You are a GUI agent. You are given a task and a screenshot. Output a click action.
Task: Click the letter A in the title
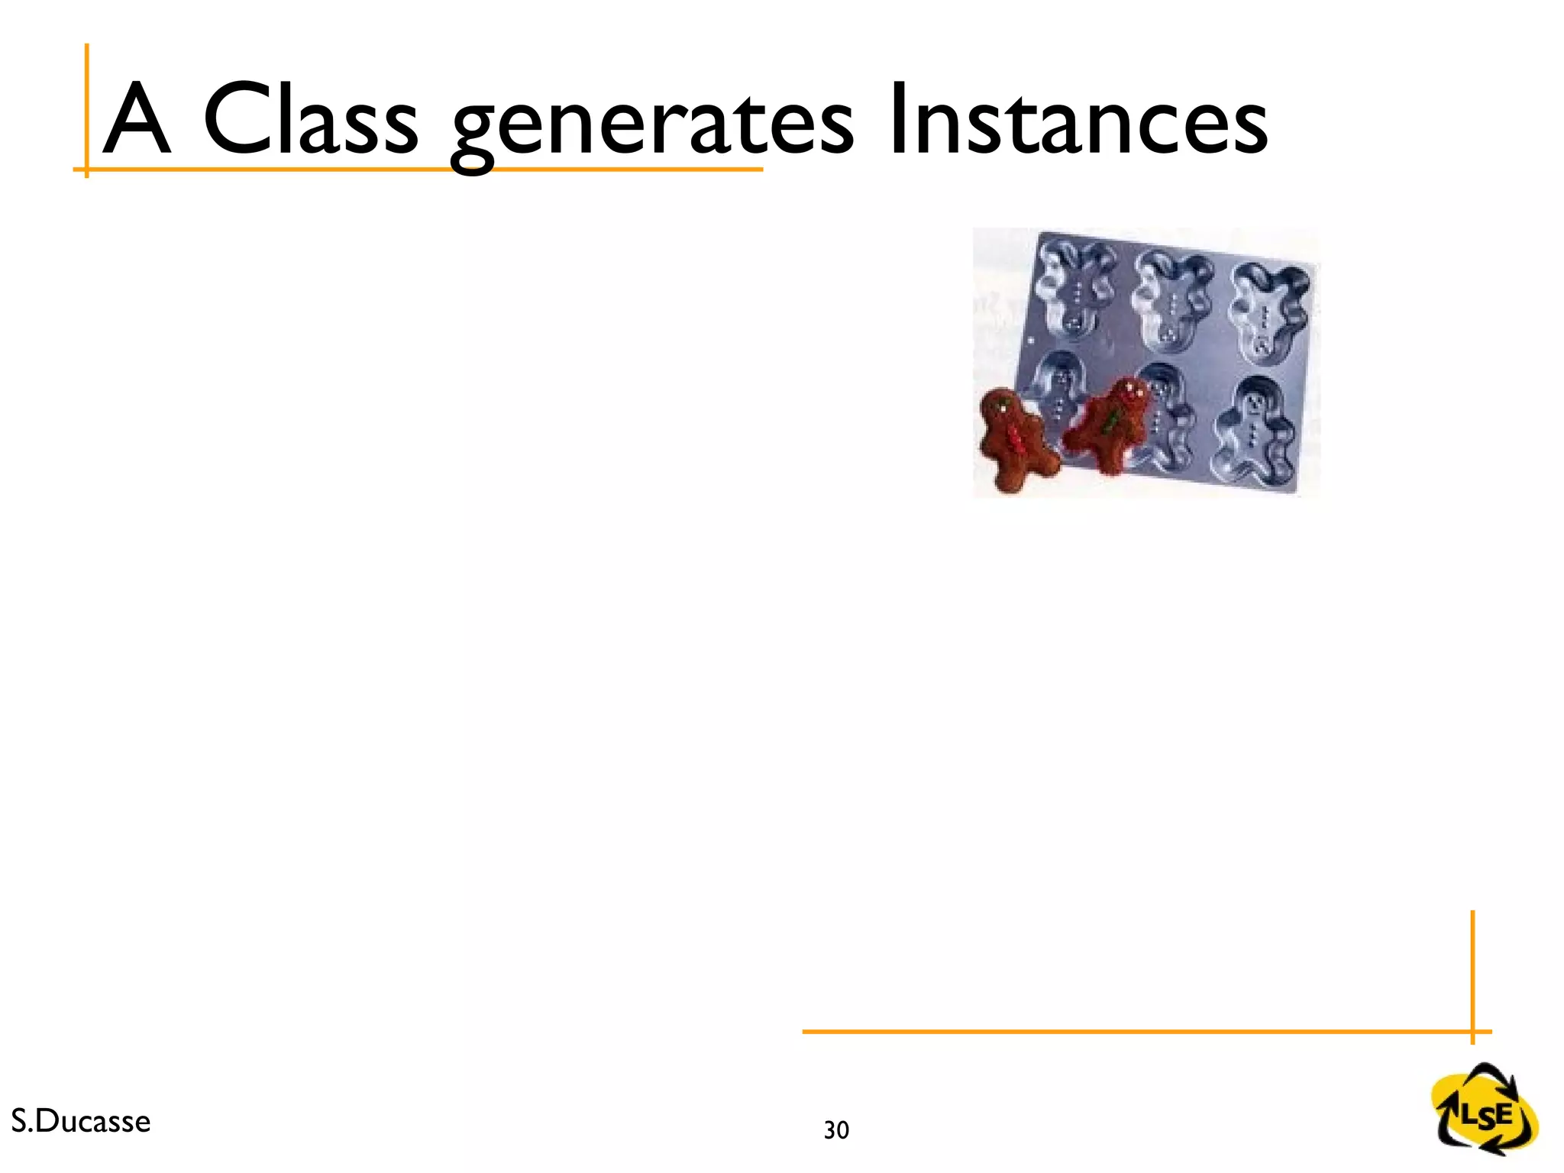click(x=136, y=119)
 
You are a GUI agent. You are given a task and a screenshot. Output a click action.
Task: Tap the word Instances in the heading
click(x=1078, y=119)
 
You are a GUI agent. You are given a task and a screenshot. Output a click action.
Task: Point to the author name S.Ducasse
click(x=81, y=1121)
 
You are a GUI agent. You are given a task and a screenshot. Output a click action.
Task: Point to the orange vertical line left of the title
click(x=87, y=107)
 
